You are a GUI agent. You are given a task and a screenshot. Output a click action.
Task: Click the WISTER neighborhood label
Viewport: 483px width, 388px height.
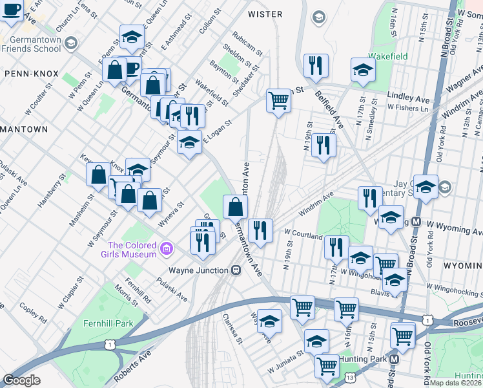point(265,14)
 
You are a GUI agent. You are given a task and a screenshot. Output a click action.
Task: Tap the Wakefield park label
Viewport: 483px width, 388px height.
point(388,56)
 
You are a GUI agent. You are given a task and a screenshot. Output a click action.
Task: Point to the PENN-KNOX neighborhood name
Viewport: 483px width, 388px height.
point(31,74)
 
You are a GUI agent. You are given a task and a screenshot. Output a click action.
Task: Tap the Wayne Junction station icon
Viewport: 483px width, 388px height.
point(236,270)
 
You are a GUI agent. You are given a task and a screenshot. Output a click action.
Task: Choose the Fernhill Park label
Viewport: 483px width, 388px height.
point(107,323)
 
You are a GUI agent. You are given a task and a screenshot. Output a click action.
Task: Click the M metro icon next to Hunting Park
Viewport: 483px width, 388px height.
point(394,359)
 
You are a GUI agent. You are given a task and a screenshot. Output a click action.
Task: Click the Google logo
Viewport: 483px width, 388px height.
point(21,380)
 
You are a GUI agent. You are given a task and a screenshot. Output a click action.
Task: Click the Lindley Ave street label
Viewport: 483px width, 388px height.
point(408,96)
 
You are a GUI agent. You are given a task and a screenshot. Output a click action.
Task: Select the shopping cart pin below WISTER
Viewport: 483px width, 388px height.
point(278,100)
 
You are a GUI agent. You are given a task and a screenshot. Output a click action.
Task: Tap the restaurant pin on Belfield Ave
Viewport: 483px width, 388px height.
point(316,65)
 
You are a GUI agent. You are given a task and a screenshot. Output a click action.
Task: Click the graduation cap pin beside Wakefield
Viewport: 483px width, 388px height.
point(363,69)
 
